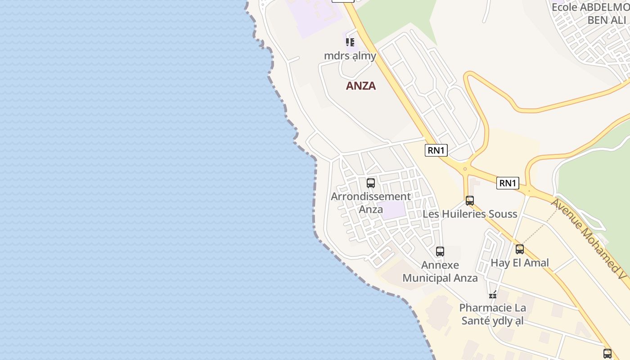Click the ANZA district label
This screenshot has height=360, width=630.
[360, 85]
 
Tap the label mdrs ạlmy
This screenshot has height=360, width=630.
[350, 56]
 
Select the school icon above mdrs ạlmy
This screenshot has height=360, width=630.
[350, 42]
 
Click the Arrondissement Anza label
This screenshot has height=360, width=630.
[371, 202]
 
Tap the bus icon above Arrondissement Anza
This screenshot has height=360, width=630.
[371, 183]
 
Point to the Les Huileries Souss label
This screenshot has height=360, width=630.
[470, 214]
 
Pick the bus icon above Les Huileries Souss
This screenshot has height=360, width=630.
[470, 201]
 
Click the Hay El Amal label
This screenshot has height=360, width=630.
[520, 263]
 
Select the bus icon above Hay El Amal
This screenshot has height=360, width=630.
[520, 249]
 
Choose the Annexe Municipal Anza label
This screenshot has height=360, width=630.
[440, 271]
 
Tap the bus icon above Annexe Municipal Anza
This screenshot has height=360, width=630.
[440, 252]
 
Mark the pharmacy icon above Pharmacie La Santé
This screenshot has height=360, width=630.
[493, 295]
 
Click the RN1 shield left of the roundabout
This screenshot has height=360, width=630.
[436, 150]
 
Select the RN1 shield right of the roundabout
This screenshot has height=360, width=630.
[508, 183]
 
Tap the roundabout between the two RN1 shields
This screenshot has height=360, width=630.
[465, 169]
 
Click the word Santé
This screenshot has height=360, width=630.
[476, 321]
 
